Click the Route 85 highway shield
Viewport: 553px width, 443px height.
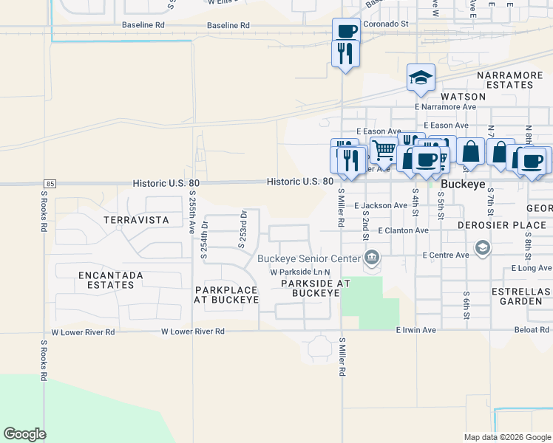(50, 183)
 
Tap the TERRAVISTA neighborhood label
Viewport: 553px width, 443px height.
(136, 220)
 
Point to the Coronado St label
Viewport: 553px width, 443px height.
(383, 24)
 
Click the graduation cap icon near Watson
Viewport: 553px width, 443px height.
(421, 78)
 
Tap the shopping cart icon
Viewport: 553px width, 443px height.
(384, 150)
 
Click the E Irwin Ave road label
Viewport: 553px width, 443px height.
(416, 330)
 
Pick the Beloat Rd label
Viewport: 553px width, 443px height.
(532, 330)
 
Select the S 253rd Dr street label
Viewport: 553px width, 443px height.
(242, 229)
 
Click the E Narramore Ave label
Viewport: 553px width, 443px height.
(446, 106)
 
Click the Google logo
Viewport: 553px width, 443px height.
(24, 434)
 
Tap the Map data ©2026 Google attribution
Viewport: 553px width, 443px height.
(506, 437)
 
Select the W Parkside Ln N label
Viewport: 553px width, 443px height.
(299, 272)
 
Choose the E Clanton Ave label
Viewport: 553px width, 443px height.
(403, 230)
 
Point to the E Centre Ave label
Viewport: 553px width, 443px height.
(446, 255)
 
